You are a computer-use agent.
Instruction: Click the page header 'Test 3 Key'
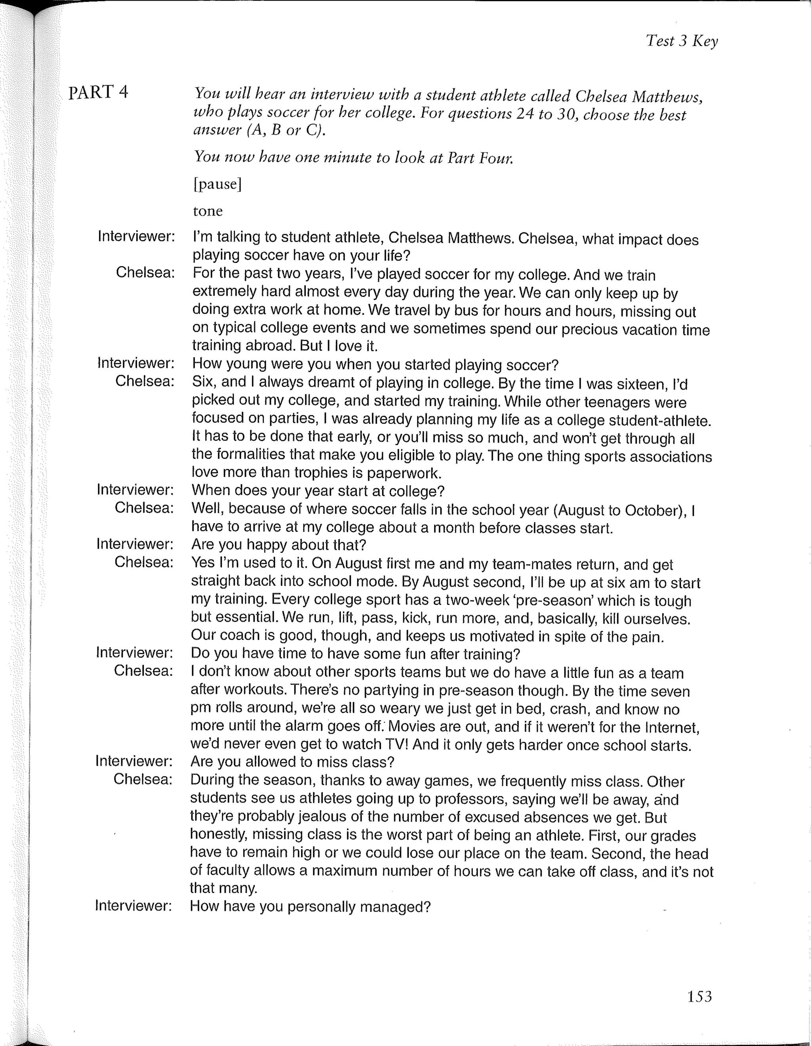point(682,41)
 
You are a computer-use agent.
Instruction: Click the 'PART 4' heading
point(98,92)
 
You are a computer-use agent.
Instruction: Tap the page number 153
point(699,996)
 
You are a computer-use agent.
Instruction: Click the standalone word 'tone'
point(208,211)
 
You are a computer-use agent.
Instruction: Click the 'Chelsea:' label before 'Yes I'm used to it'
point(144,562)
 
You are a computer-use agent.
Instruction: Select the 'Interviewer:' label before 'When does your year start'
point(135,490)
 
